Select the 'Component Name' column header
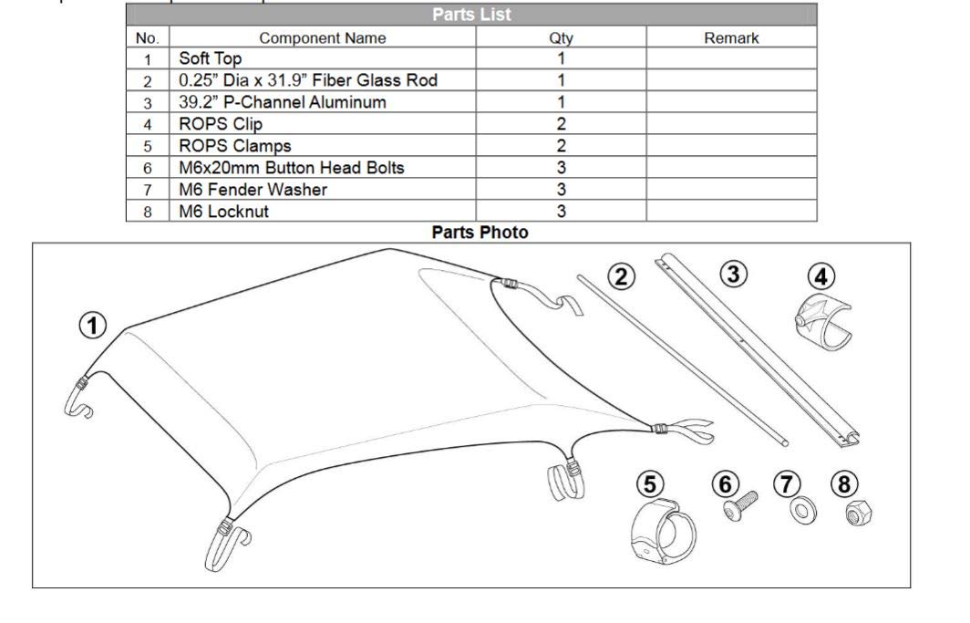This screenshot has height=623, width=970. (x=322, y=38)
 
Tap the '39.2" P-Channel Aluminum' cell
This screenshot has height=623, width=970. (x=282, y=102)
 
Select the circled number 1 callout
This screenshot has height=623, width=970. (x=96, y=325)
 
